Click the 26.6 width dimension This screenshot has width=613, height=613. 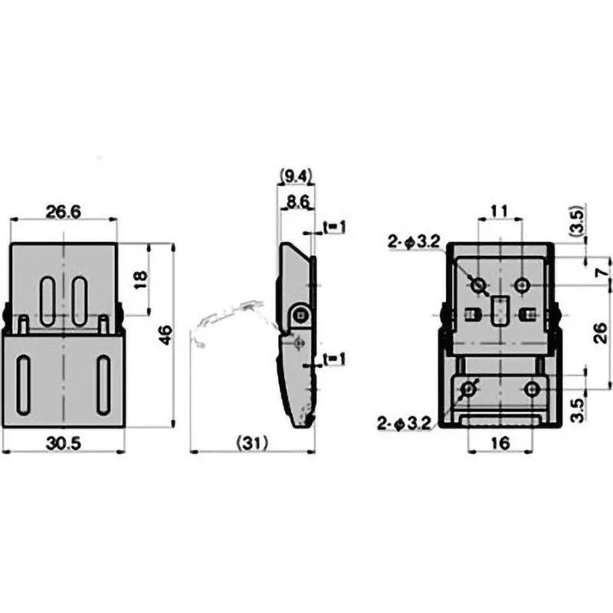pos(64,212)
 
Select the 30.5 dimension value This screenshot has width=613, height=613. pos(64,444)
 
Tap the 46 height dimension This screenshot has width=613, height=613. pos(166,335)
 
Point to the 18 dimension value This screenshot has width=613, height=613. pos(141,279)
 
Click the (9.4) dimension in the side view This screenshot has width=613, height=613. pos(296,177)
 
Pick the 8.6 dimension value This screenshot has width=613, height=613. pos(297,202)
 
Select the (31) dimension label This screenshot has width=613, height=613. pos(253,443)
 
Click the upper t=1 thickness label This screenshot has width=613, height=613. pos(335,226)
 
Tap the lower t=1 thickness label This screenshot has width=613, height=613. pos(335,359)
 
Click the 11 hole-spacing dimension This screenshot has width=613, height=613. pos(500,211)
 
